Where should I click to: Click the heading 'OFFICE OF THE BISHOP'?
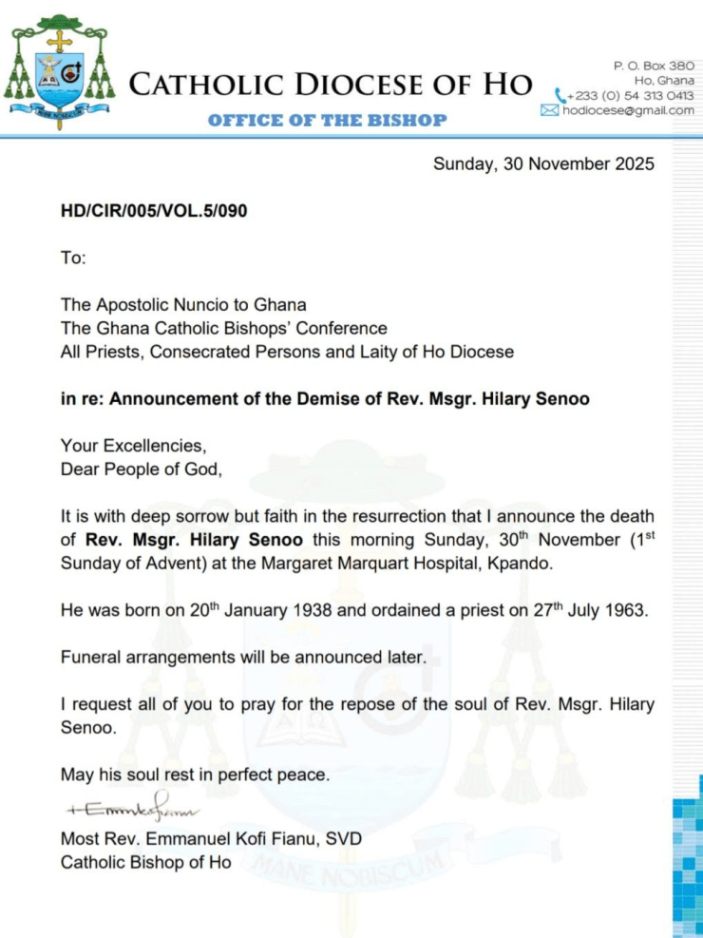(327, 120)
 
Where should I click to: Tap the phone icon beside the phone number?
(560, 96)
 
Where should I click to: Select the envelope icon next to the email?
(549, 110)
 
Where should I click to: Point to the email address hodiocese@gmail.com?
(628, 110)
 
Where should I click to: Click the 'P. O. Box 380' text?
(654, 66)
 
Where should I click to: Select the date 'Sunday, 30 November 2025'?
(543, 163)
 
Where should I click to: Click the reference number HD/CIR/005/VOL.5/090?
(154, 211)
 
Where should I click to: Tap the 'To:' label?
(73, 258)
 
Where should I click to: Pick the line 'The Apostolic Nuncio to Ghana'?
(183, 305)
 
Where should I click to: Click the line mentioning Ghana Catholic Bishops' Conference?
(223, 328)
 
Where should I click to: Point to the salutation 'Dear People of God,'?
(141, 469)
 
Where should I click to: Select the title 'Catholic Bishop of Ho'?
(145, 863)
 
